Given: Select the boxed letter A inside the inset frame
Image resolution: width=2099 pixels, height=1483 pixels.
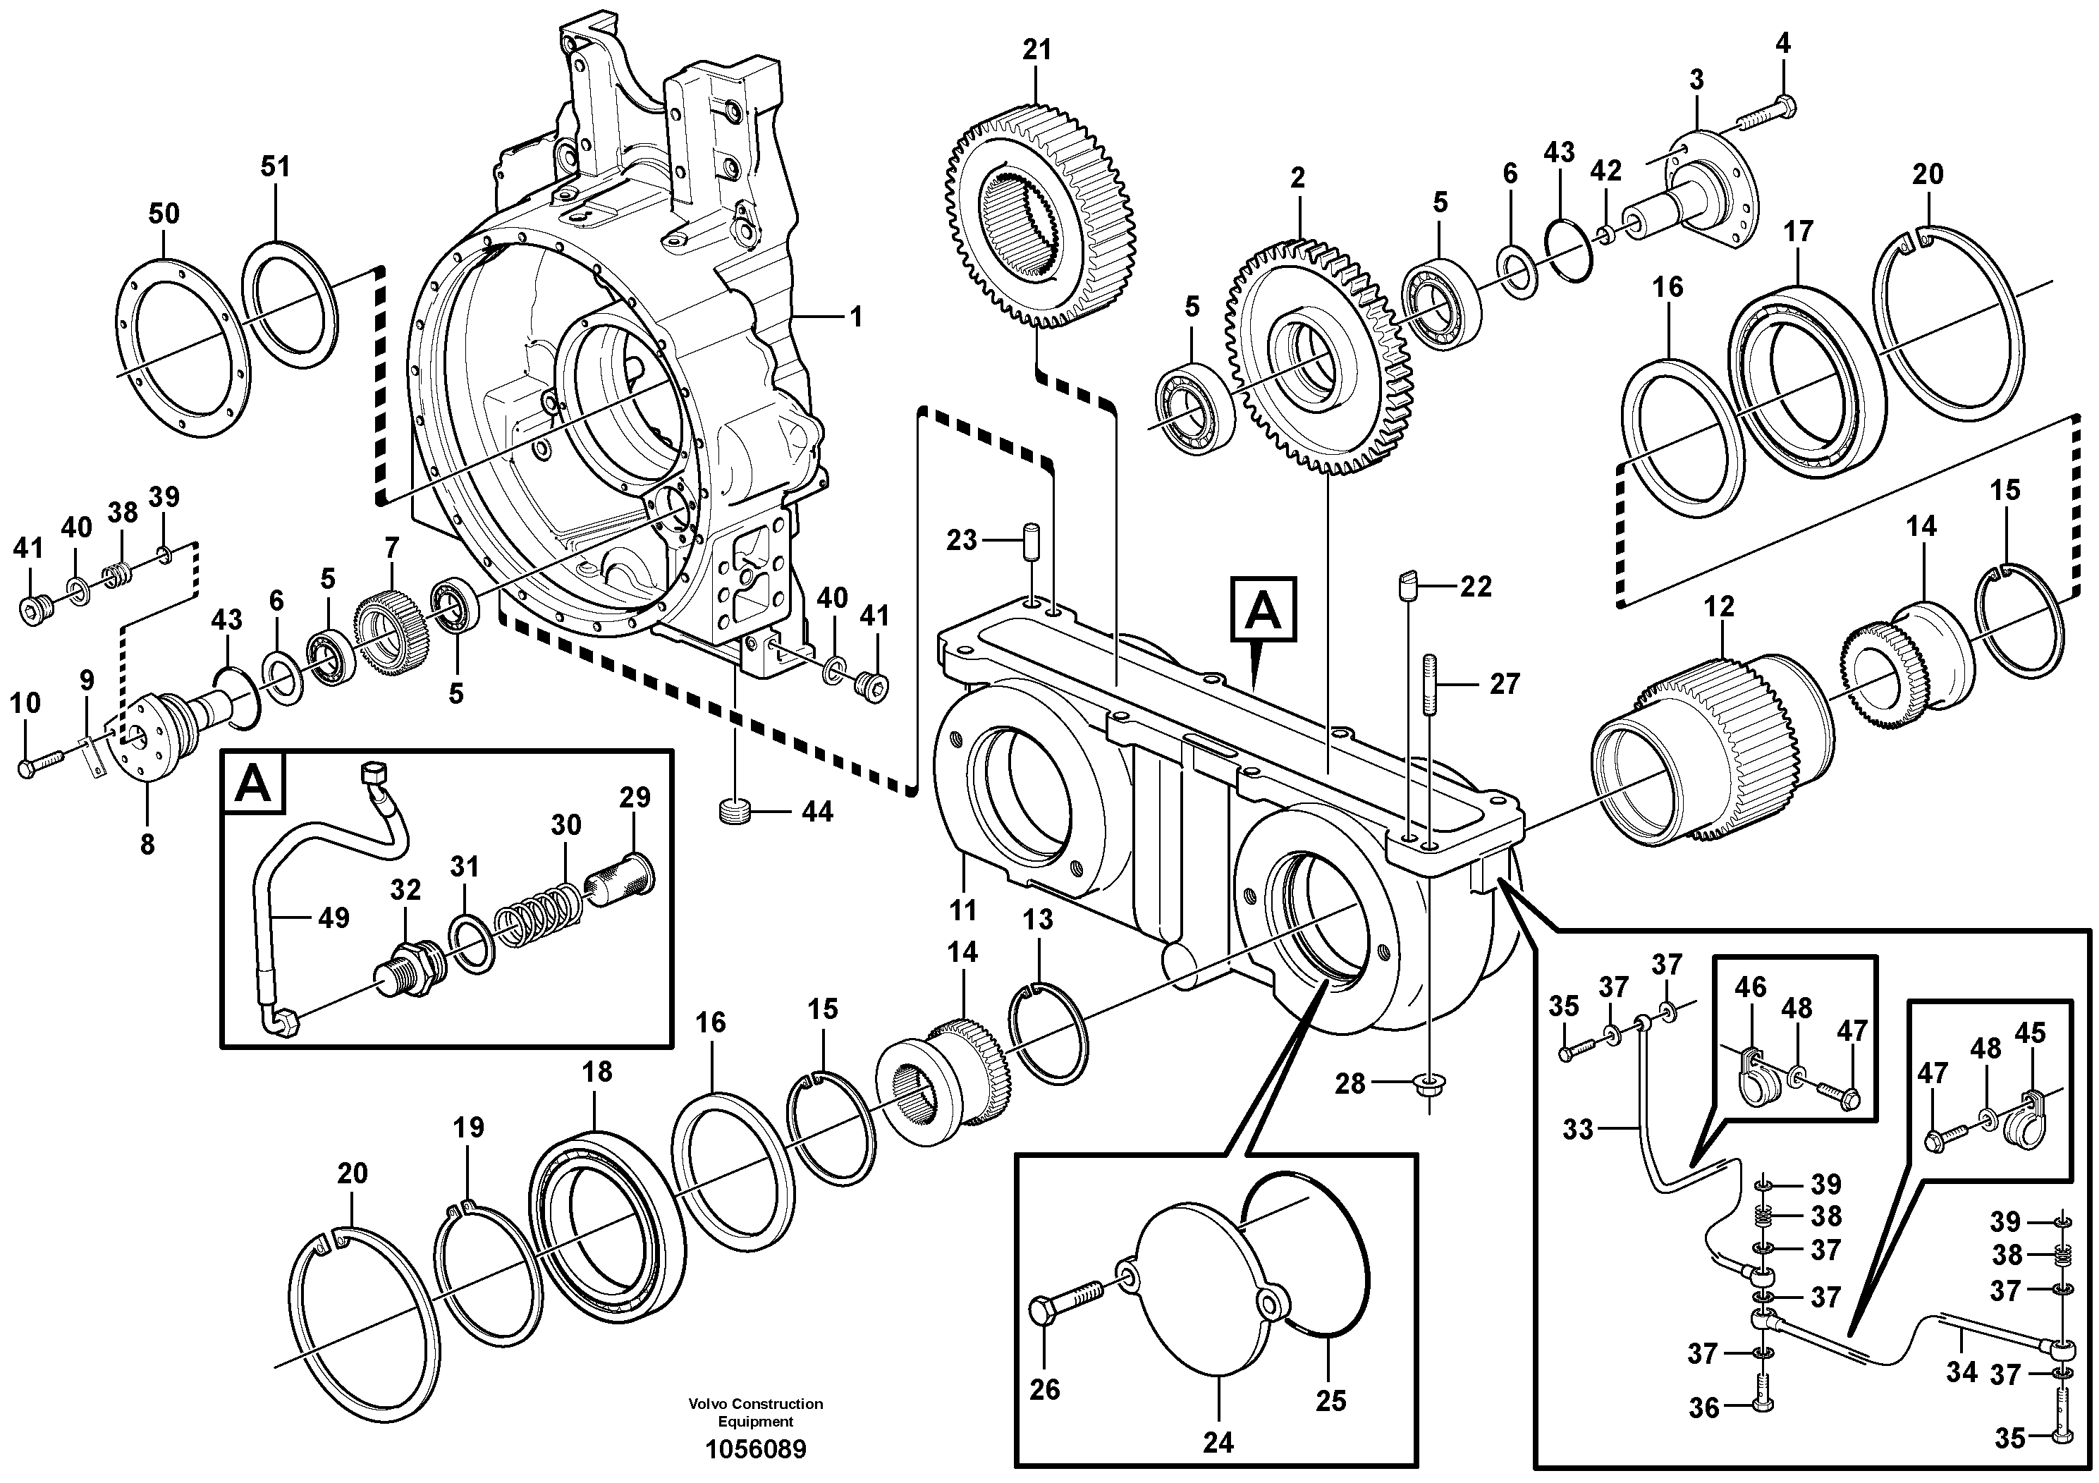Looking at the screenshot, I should coord(253,784).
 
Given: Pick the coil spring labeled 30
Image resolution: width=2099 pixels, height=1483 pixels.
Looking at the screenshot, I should coord(537,910).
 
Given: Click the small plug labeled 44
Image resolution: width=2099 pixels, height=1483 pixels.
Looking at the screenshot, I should coord(734,810).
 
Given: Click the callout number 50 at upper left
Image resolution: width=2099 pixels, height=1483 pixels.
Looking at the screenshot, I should coord(164,214).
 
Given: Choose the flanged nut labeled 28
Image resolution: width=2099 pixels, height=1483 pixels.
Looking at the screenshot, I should coord(1427,1085).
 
